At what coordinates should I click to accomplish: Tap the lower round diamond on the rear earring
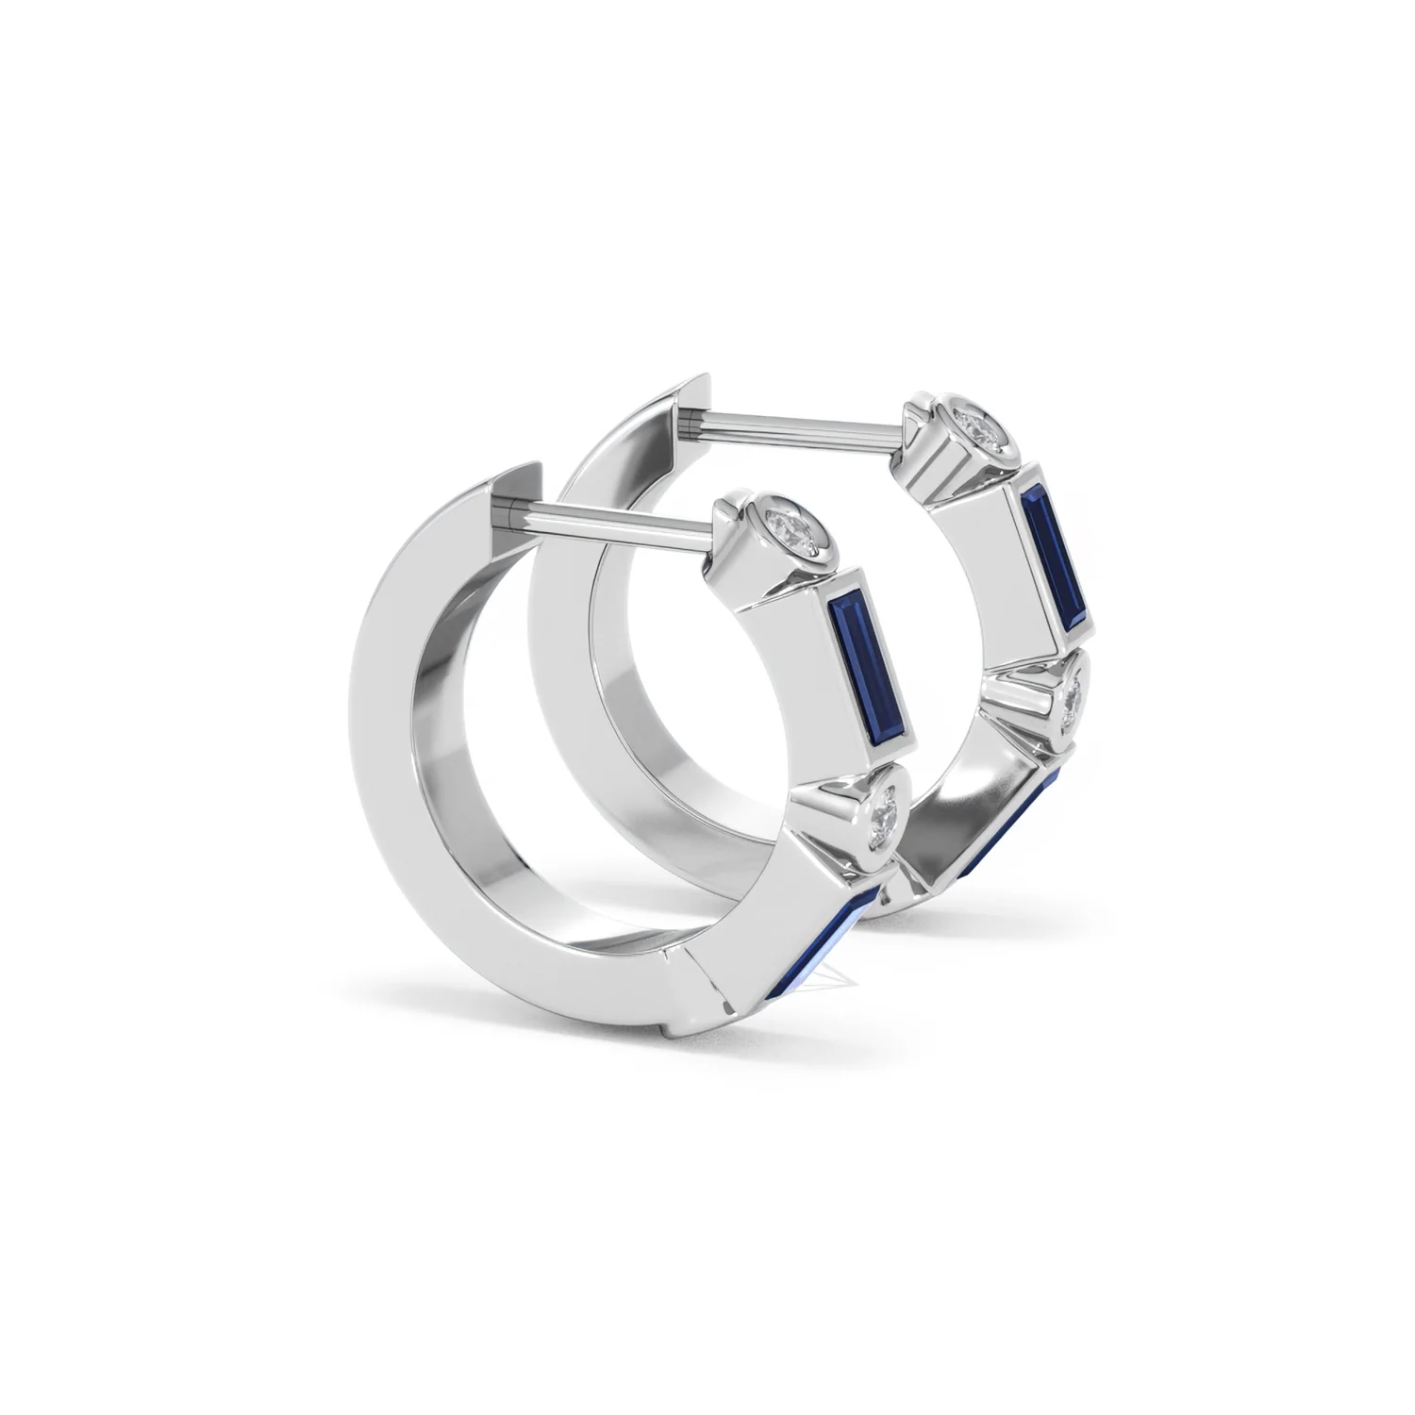1074,702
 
